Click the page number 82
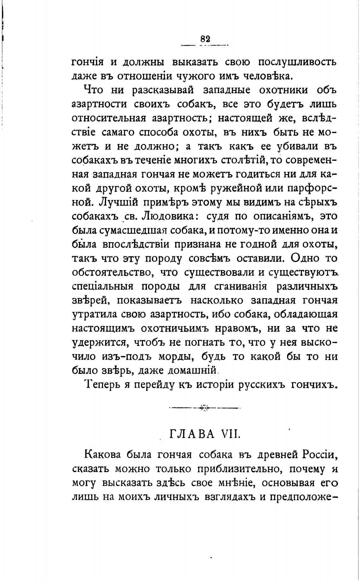click(x=205, y=39)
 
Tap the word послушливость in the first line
click(x=298, y=62)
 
